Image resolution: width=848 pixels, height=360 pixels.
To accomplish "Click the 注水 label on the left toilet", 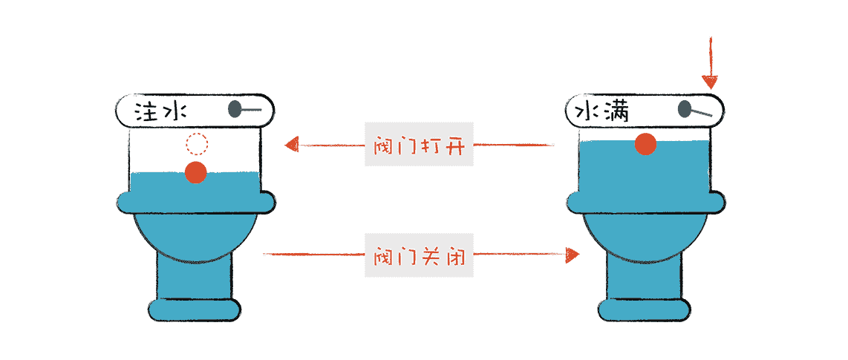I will [160, 112].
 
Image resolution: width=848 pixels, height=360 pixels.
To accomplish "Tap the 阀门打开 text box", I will [419, 144].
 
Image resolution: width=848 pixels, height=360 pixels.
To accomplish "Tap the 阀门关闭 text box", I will [419, 255].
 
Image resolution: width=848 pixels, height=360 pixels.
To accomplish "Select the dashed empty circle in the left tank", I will [197, 143].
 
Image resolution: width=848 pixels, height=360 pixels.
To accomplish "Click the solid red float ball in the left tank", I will [195, 172].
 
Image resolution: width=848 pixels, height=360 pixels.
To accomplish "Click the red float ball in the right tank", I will [645, 144].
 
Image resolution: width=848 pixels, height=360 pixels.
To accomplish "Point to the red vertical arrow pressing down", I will [711, 64].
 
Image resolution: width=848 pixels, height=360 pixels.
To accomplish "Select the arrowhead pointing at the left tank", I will [292, 144].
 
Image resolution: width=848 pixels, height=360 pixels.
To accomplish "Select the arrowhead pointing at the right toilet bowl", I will [572, 255].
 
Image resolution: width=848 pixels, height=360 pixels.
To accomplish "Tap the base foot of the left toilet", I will [195, 309].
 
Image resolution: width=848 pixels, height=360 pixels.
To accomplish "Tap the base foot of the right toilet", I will [645, 309].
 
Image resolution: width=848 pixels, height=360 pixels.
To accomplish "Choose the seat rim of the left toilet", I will [195, 201].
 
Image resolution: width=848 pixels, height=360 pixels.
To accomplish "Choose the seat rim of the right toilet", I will [645, 201].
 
